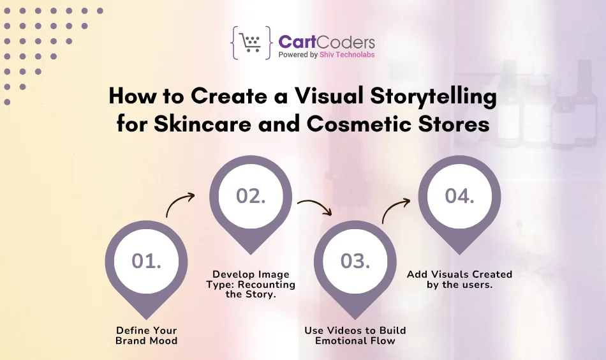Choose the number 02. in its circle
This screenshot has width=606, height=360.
tap(251, 197)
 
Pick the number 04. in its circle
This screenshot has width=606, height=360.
tap(459, 197)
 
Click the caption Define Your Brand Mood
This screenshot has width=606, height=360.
tap(146, 335)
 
